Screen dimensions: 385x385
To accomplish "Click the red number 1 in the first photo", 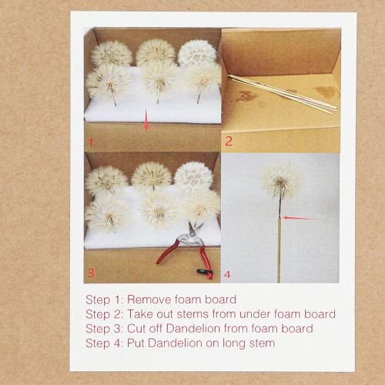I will [91, 142].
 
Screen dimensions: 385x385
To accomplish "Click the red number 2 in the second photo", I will [228, 140].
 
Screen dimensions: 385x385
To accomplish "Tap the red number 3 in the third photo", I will [91, 272].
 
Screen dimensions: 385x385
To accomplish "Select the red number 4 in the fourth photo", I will [227, 273].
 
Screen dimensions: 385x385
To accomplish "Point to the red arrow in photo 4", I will [299, 218].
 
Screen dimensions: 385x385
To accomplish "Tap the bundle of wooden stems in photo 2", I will [281, 93].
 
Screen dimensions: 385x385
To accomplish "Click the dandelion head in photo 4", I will [280, 179].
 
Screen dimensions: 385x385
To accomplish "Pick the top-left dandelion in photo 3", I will [105, 179].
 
